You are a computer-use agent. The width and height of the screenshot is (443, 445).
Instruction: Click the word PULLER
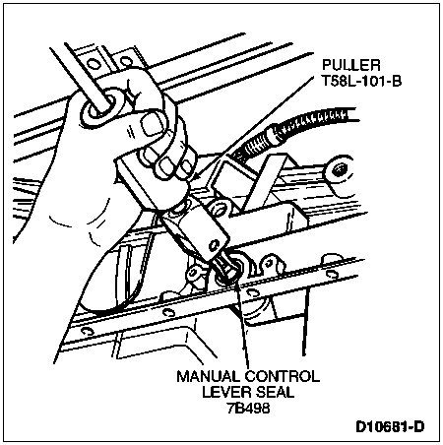[x=350, y=65]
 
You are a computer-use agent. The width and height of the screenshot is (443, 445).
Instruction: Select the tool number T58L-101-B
[x=361, y=81]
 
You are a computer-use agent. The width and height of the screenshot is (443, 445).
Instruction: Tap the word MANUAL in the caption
[x=208, y=376]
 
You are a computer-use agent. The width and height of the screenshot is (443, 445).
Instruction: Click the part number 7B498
[x=248, y=408]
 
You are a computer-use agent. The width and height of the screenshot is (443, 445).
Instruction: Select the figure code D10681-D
[x=390, y=427]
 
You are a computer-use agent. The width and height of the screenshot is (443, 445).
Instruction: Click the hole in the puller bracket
[x=215, y=245]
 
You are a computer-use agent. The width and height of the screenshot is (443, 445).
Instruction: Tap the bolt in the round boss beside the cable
[x=338, y=170]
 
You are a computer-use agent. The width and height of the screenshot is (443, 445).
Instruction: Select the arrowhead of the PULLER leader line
[x=194, y=176]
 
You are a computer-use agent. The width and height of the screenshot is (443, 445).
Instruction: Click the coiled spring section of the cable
[x=312, y=121]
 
